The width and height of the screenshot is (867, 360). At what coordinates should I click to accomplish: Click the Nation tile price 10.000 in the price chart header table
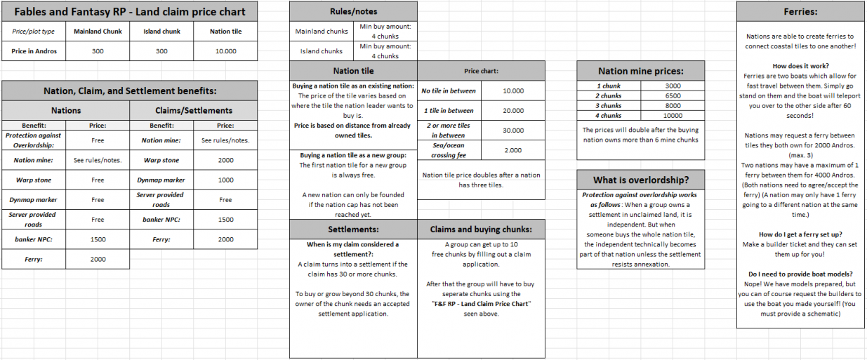pyautogui.click(x=225, y=51)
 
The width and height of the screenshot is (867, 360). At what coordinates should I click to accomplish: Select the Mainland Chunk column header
pyautogui.click(x=98, y=32)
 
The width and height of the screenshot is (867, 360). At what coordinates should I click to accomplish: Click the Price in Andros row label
pyautogui.click(x=34, y=51)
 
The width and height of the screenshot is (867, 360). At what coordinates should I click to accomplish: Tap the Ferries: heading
pyautogui.click(x=800, y=12)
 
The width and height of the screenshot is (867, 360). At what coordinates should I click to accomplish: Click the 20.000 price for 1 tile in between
pyautogui.click(x=513, y=111)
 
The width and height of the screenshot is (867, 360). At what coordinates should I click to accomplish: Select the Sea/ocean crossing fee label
pyautogui.click(x=448, y=150)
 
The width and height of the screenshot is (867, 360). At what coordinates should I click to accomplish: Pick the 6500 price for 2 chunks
pyautogui.click(x=673, y=95)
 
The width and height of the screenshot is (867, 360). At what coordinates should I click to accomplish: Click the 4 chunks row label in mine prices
pyautogui.click(x=609, y=115)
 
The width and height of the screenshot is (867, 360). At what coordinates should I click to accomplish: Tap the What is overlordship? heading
pyautogui.click(x=640, y=180)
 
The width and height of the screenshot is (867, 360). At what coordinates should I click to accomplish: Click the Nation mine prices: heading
pyautogui.click(x=640, y=71)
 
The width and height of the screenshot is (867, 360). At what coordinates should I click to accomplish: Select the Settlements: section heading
pyautogui.click(x=353, y=229)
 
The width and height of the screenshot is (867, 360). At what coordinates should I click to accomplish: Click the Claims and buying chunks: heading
pyautogui.click(x=481, y=229)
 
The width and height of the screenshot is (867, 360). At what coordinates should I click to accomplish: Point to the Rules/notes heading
pyautogui.click(x=353, y=12)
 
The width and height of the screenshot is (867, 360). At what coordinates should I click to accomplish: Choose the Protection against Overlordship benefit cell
pyautogui.click(x=34, y=140)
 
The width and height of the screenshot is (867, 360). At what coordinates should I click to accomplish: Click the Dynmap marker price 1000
pyautogui.click(x=225, y=180)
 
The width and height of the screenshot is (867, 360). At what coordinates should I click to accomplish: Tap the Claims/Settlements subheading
pyautogui.click(x=193, y=110)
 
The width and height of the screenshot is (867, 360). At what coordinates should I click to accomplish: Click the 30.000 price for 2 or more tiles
pyautogui.click(x=513, y=131)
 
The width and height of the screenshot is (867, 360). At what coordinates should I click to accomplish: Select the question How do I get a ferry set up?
pyautogui.click(x=800, y=234)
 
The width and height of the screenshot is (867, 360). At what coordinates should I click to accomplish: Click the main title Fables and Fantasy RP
pyautogui.click(x=130, y=12)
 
